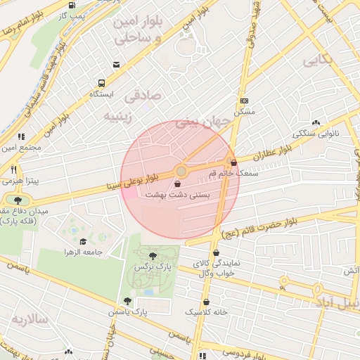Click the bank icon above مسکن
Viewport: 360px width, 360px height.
(244, 101)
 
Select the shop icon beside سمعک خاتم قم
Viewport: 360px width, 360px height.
(233, 162)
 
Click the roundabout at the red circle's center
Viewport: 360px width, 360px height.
(181, 172)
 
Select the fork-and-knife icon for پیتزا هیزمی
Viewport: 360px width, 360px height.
(13, 170)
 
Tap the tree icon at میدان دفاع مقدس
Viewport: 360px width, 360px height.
(17, 200)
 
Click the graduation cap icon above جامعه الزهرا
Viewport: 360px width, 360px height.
(83, 241)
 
